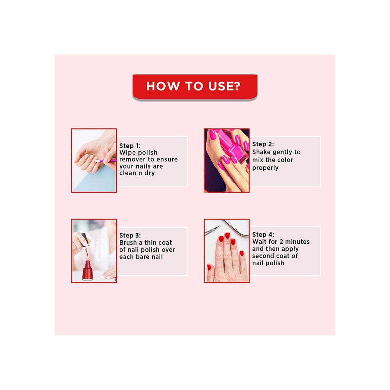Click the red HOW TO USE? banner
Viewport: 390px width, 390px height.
click(x=195, y=86)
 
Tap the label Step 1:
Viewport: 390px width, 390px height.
click(x=130, y=145)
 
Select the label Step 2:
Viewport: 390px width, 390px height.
click(x=263, y=144)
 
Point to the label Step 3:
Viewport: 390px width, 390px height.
click(x=130, y=235)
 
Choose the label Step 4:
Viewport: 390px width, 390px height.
click(x=263, y=234)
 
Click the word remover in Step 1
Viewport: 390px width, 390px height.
click(x=132, y=160)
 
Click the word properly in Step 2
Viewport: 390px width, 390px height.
click(x=265, y=168)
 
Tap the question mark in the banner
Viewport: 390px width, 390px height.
click(x=236, y=86)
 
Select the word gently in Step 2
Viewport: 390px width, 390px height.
click(x=284, y=152)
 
